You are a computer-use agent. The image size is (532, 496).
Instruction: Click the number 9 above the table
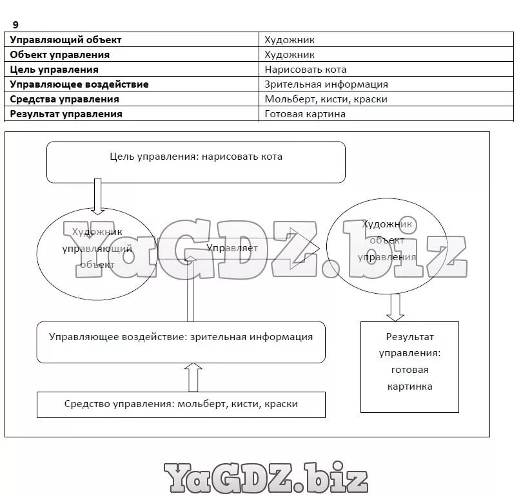15,24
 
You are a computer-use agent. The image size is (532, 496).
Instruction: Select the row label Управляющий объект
66,40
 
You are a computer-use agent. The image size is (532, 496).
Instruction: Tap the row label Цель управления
54,70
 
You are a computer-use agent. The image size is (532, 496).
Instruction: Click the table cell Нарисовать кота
306,70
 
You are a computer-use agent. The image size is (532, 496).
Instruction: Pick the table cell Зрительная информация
326,84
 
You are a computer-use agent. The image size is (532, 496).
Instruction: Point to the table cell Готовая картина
305,114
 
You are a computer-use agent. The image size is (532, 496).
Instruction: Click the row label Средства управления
64,99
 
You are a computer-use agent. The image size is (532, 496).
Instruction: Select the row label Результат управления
66,114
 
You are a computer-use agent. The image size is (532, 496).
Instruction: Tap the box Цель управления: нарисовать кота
195,162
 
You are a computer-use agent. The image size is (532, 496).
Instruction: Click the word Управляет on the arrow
232,248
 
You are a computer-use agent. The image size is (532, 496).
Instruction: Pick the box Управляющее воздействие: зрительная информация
181,342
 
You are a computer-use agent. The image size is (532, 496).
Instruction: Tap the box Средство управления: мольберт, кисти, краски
181,405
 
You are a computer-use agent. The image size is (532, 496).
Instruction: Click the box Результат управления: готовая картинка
409,367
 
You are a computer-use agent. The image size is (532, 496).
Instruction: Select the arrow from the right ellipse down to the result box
395,307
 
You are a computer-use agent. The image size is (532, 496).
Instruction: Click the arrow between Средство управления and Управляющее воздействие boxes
193,377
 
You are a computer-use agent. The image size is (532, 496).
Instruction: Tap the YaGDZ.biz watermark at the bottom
265,478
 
